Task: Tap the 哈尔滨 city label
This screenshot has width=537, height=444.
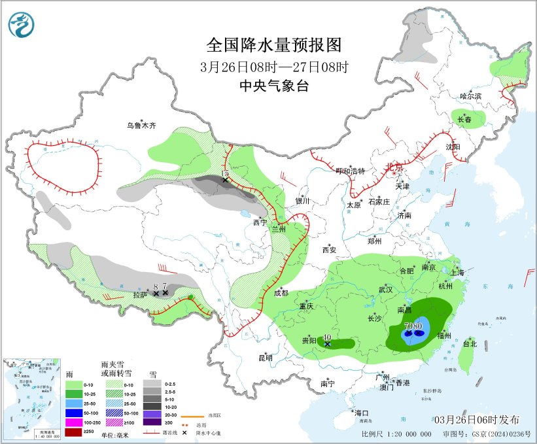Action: coord(470,96)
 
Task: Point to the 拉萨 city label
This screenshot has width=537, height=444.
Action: coord(140,295)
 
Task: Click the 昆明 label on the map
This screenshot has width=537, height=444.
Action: coord(265,358)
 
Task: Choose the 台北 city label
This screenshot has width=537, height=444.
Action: coord(470,343)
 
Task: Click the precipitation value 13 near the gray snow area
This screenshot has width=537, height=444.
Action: coord(224,174)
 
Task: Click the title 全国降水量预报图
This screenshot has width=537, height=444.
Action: coord(274,45)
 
